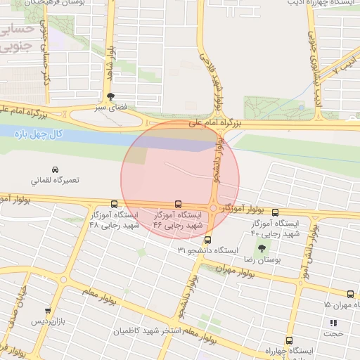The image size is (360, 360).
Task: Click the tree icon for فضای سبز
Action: (110, 97)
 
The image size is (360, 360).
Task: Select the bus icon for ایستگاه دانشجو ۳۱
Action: (206, 239)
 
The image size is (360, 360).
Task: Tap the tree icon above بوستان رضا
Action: (262, 247)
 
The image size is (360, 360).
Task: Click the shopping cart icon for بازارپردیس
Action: (48, 311)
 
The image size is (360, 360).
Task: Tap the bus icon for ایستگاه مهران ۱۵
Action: (350, 295)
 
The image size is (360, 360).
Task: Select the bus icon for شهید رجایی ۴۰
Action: (275, 212)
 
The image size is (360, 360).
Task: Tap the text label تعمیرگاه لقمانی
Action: (55, 180)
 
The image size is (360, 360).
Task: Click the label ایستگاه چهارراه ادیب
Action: (319, 4)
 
